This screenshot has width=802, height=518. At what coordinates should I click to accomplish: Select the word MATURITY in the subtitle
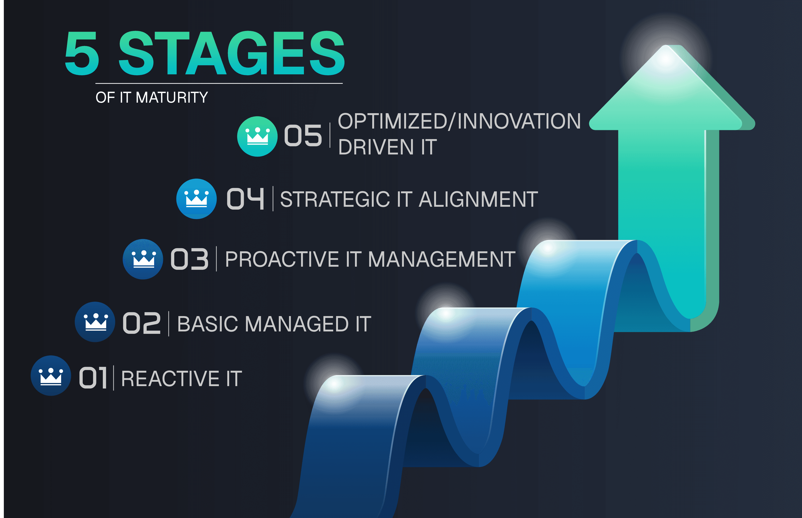click(x=172, y=98)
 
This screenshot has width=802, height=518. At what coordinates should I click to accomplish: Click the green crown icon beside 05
click(x=257, y=136)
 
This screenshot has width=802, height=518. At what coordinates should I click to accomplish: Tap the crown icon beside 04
click(x=196, y=199)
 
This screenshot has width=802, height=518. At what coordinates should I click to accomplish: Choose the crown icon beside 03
click(x=143, y=259)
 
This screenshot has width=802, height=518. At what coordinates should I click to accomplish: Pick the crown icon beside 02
click(x=95, y=322)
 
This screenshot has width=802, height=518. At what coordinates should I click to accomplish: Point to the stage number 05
click(x=303, y=135)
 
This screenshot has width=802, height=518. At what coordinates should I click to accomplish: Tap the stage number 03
click(x=190, y=259)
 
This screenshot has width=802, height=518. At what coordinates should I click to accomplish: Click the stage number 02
click(x=141, y=323)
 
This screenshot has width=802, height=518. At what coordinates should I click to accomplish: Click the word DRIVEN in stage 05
click(x=376, y=147)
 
